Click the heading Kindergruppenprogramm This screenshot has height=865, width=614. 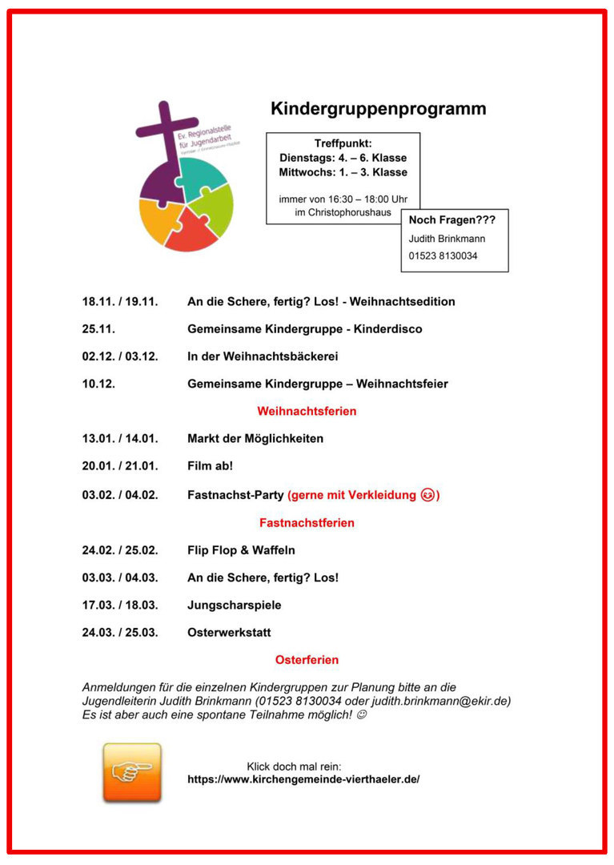[x=378, y=109]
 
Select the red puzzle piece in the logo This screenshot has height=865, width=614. [x=191, y=230]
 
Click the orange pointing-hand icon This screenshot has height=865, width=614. [x=132, y=772]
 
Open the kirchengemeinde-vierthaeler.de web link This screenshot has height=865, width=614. [x=303, y=778]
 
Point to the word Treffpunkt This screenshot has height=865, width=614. [x=343, y=143]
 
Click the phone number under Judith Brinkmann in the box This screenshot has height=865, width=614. [x=443, y=255]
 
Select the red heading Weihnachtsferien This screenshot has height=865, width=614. [x=307, y=411]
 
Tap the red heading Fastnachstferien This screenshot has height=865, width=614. [x=307, y=522]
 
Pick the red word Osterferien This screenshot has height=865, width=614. [x=307, y=660]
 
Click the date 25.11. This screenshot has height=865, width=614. [x=98, y=329]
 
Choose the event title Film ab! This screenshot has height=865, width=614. [x=210, y=465]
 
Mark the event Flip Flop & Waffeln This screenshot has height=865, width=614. [x=241, y=550]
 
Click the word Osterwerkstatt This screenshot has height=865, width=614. [x=229, y=632]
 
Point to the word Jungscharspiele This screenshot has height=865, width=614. [x=234, y=605]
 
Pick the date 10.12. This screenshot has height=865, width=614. [x=98, y=384]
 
